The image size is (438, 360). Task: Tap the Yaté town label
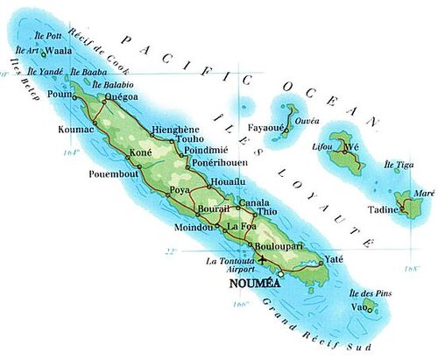[333, 258]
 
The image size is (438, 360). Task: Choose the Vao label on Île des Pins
[358, 307]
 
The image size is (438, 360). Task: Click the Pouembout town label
[114, 173]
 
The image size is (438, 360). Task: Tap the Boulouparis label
[277, 247]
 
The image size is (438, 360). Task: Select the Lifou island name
[323, 147]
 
